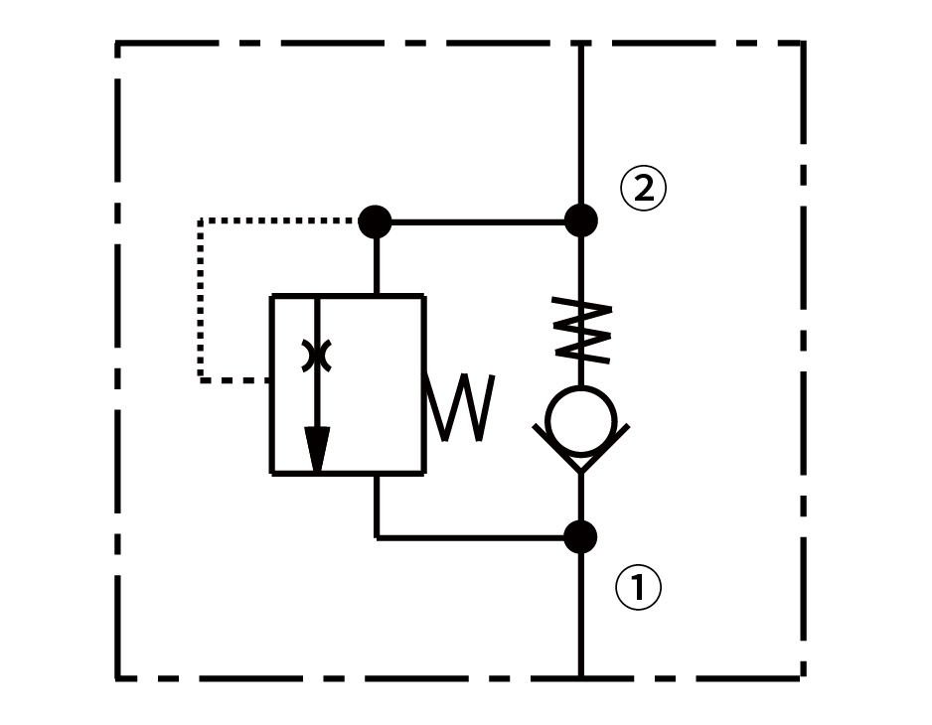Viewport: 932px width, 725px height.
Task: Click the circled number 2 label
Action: point(643,188)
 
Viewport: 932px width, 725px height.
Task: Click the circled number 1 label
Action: point(638,588)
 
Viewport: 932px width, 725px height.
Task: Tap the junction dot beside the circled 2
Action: point(580,220)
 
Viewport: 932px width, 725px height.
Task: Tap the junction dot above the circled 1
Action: point(580,537)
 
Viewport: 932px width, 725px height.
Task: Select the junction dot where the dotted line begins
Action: point(375,220)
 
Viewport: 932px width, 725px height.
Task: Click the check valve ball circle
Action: point(580,420)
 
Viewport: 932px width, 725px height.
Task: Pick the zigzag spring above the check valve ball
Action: point(582,330)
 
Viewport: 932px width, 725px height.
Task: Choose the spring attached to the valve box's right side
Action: point(459,407)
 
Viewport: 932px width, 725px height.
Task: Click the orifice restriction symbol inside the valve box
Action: point(317,356)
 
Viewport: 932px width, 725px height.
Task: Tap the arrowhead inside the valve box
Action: point(317,449)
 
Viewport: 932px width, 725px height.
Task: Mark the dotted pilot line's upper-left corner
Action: point(201,221)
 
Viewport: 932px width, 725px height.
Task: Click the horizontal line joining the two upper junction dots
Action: point(477,220)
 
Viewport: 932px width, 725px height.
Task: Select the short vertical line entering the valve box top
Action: point(376,266)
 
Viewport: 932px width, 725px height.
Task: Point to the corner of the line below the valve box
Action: point(377,537)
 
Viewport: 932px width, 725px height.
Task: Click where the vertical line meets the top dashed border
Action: point(580,44)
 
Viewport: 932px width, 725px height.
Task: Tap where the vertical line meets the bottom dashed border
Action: point(580,677)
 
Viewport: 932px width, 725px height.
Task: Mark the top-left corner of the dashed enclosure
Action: point(118,44)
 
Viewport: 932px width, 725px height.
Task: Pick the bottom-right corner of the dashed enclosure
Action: point(802,677)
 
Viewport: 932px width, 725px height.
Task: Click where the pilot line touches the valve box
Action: point(271,379)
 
